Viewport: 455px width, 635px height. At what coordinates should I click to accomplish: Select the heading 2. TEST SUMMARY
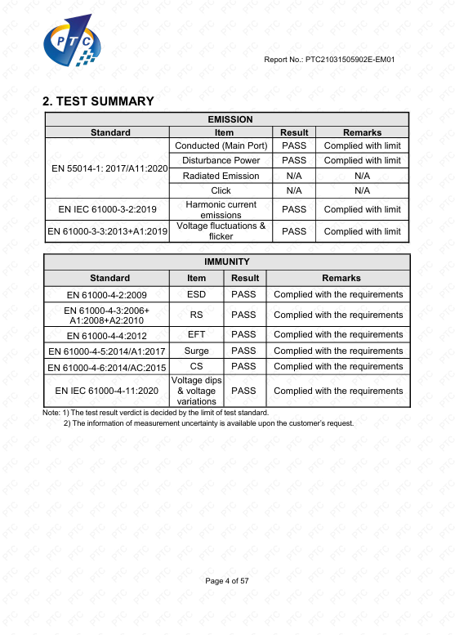click(x=98, y=101)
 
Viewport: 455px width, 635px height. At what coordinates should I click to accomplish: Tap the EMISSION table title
click(x=230, y=119)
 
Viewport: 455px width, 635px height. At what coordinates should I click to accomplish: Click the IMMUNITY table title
click(x=226, y=262)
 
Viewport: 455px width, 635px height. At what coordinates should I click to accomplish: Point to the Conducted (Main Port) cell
click(x=221, y=145)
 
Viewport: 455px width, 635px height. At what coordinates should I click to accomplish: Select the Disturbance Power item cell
click(x=221, y=160)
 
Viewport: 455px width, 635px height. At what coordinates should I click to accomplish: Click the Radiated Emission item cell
click(x=221, y=176)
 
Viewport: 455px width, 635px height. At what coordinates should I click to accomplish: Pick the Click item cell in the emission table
click(x=221, y=190)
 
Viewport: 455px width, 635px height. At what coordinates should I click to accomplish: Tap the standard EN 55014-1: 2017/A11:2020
click(x=109, y=168)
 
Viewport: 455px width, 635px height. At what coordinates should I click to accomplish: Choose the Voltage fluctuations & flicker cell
click(x=221, y=231)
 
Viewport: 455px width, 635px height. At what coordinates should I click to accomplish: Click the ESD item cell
click(x=196, y=294)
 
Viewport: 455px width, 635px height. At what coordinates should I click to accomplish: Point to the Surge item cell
click(x=196, y=351)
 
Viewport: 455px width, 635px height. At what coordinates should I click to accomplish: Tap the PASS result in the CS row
click(x=243, y=366)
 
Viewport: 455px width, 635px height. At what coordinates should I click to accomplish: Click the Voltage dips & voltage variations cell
click(x=196, y=391)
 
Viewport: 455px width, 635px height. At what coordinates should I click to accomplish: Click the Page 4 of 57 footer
click(x=226, y=580)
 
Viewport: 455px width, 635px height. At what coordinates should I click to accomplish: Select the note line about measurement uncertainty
click(x=208, y=423)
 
